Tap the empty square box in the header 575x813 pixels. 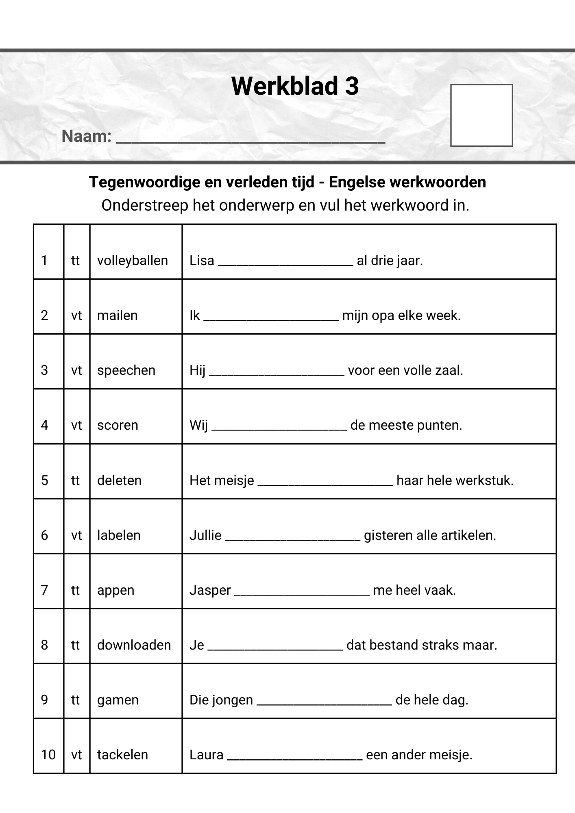pyautogui.click(x=481, y=115)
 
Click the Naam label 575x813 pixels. pyautogui.click(x=86, y=136)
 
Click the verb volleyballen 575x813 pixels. pyautogui.click(x=132, y=261)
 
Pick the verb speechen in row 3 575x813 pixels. pyautogui.click(x=126, y=370)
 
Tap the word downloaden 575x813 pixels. pyautogui.click(x=134, y=645)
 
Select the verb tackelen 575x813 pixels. pyautogui.click(x=122, y=755)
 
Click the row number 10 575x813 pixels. pyautogui.click(x=48, y=755)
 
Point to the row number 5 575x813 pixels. pyautogui.click(x=45, y=480)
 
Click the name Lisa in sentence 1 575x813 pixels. pyautogui.click(x=202, y=261)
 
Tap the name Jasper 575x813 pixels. pyautogui.click(x=210, y=590)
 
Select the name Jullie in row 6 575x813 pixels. pyautogui.click(x=205, y=535)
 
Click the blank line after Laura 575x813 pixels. pyautogui.click(x=294, y=758)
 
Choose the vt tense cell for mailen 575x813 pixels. pyautogui.click(x=76, y=315)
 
